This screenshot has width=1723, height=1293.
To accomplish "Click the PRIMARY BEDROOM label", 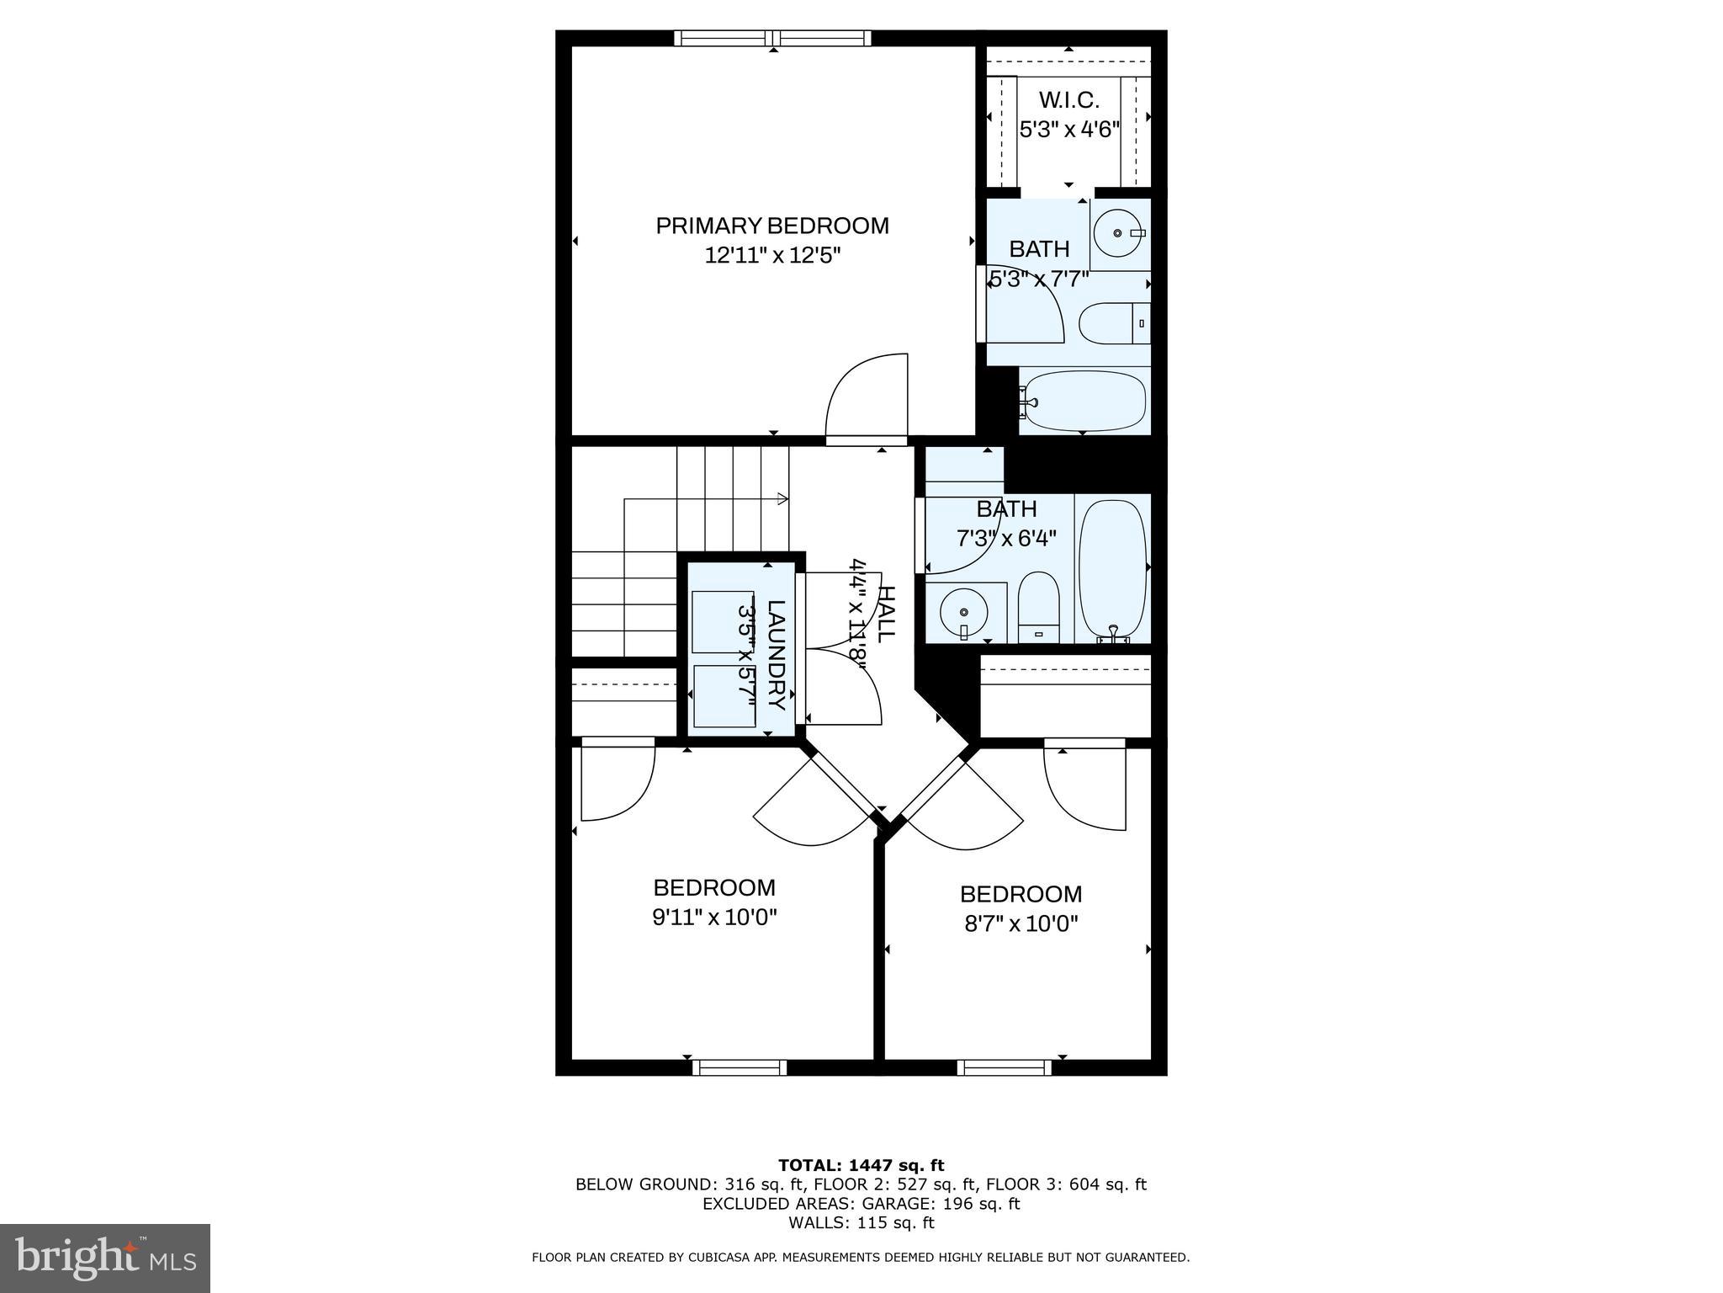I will (x=771, y=226).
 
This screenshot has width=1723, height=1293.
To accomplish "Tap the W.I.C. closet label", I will (x=1068, y=100).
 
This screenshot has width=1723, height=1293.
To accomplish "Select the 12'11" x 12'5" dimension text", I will (x=772, y=255).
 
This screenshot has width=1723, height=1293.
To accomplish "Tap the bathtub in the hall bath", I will (x=1112, y=568).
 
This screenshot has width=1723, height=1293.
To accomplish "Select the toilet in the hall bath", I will (x=1038, y=608).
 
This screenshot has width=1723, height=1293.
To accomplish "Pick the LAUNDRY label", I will (x=776, y=655).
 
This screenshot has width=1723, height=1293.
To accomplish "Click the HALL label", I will (x=886, y=614).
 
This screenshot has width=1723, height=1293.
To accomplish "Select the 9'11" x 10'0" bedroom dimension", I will (x=714, y=917).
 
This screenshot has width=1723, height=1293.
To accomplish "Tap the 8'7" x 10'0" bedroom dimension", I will (x=1021, y=923).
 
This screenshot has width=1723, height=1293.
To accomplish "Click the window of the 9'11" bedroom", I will (x=739, y=1067).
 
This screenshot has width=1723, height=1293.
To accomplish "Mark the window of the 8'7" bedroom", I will (x=1004, y=1067).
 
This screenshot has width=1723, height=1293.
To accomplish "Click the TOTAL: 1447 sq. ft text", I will (x=861, y=1165).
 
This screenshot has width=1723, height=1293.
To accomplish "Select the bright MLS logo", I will (x=105, y=1258).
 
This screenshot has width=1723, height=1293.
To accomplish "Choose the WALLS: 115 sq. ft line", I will (x=861, y=1222).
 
